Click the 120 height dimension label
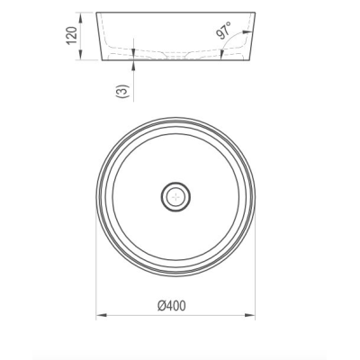pos(72,35)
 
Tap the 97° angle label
pos(223,30)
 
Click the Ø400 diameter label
pos(172,306)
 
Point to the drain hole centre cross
pos(175,197)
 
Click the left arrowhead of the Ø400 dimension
pos(102,315)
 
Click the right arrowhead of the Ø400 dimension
pos(250,315)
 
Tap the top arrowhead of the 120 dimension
pos(80,17)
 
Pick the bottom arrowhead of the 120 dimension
pos(80,55)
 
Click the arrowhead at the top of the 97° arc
pos(247,31)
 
